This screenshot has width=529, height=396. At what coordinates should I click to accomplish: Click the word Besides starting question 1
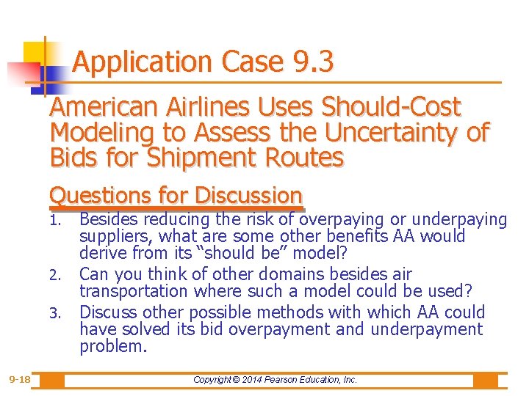pos(109,219)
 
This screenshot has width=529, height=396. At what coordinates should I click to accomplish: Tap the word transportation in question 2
pos(135,291)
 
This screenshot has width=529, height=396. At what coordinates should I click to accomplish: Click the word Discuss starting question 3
pos(108,312)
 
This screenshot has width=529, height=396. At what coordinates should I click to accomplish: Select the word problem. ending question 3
pos(113,346)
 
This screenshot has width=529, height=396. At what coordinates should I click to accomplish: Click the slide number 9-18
pos(20,380)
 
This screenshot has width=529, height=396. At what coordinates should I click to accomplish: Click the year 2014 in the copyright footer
pos(253,380)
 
